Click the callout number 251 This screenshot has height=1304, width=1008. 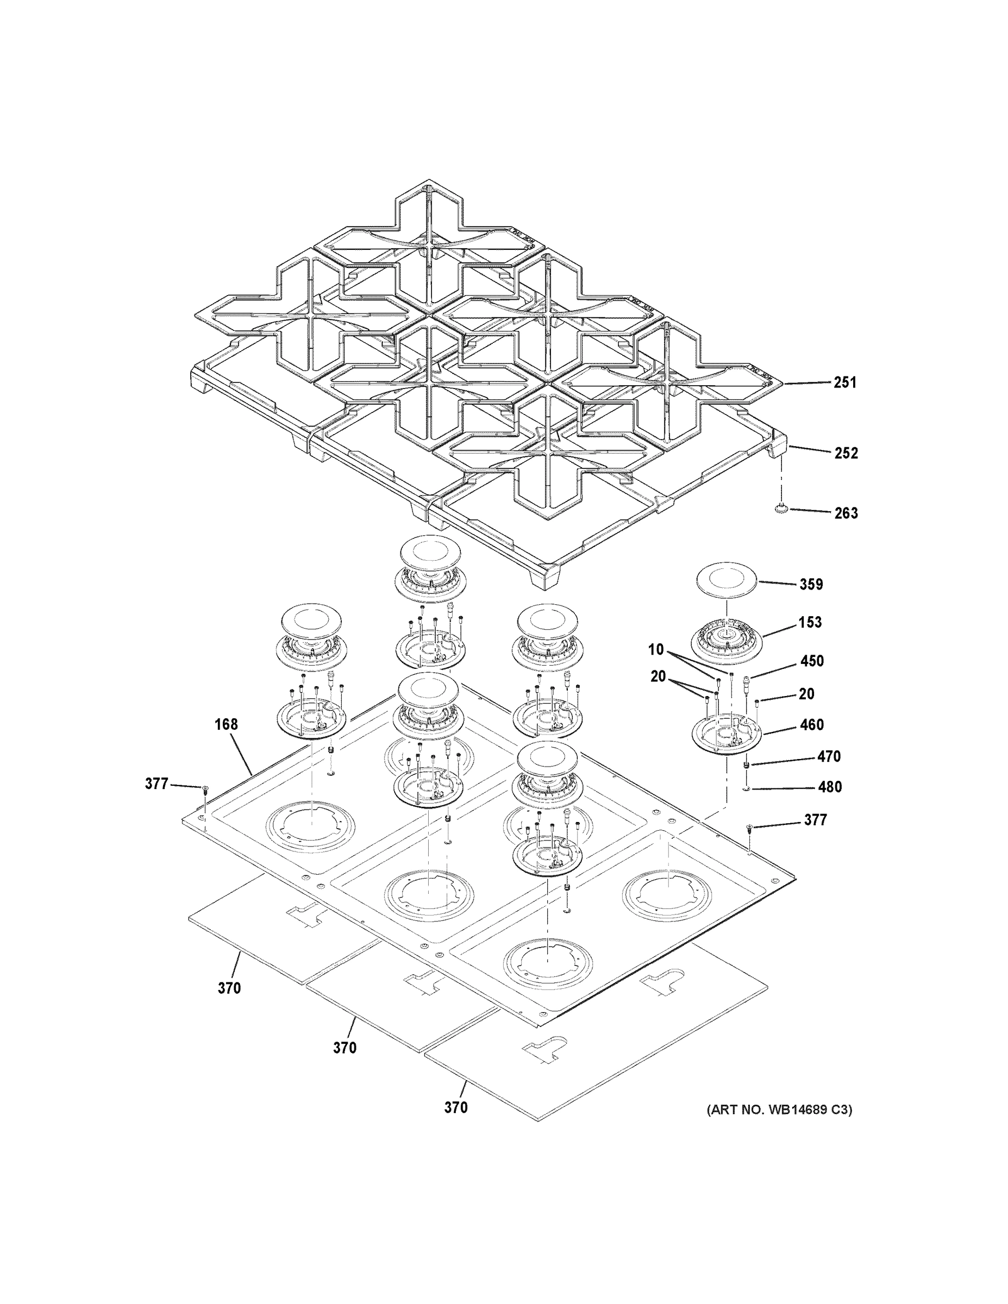tap(844, 383)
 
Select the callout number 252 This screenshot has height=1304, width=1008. tap(846, 453)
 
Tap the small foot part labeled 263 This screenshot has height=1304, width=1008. tap(780, 508)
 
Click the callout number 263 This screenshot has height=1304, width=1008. tap(846, 513)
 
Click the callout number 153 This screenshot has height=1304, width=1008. tap(810, 622)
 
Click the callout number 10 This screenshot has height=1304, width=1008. tap(656, 649)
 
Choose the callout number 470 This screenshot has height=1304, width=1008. tap(829, 756)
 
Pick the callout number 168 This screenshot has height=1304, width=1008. tap(226, 724)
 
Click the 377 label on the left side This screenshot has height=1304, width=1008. tap(156, 783)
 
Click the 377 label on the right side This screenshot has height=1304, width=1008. tap(815, 820)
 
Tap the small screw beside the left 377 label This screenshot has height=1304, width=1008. tap(205, 790)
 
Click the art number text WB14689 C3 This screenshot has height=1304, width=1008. tap(779, 1110)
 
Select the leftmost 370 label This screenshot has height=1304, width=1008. tap(229, 988)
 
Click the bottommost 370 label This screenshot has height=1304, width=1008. tap(455, 1107)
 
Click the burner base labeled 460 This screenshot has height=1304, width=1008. tap(727, 736)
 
